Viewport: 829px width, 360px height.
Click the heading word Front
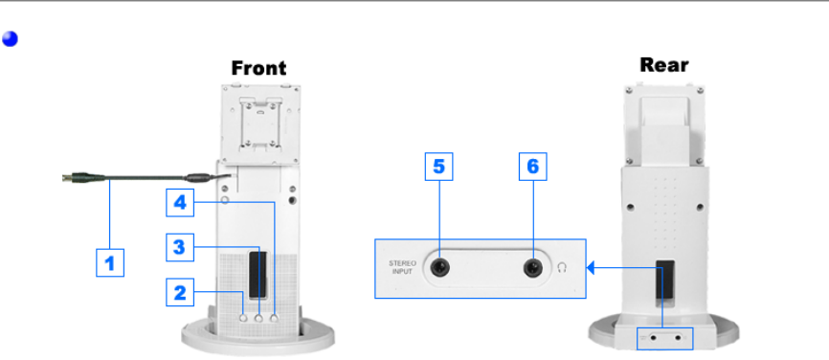pos(258,68)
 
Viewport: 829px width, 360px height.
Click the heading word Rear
pos(664,64)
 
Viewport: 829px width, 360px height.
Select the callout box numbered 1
pos(110,262)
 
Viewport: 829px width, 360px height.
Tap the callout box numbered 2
pos(180,292)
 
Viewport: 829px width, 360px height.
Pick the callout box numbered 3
pos(180,247)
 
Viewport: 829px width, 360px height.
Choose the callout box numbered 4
pos(180,202)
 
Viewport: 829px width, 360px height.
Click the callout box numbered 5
pos(438,167)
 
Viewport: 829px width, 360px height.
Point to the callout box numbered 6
pos(533,167)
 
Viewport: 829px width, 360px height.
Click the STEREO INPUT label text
pos(402,267)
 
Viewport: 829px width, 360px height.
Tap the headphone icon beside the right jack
pos(562,268)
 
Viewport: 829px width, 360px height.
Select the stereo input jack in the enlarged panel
pos(439,268)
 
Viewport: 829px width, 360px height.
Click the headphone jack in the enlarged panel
pos(533,268)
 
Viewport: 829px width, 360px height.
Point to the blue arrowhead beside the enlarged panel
pos(591,268)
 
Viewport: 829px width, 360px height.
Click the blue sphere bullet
pos(10,38)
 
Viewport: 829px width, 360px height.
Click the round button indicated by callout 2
pos(243,318)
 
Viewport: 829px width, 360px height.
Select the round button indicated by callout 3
pos(259,318)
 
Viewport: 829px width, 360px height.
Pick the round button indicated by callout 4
pos(274,318)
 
